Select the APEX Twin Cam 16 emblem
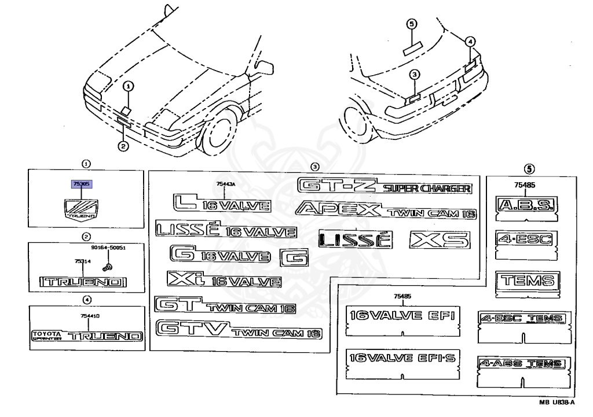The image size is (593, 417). click(x=386, y=211)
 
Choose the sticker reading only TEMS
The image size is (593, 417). click(x=527, y=281)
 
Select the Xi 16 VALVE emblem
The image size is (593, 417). click(x=224, y=281)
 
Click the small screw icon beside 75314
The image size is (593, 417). click(x=107, y=266)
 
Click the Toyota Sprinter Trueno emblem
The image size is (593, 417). click(x=86, y=336)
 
